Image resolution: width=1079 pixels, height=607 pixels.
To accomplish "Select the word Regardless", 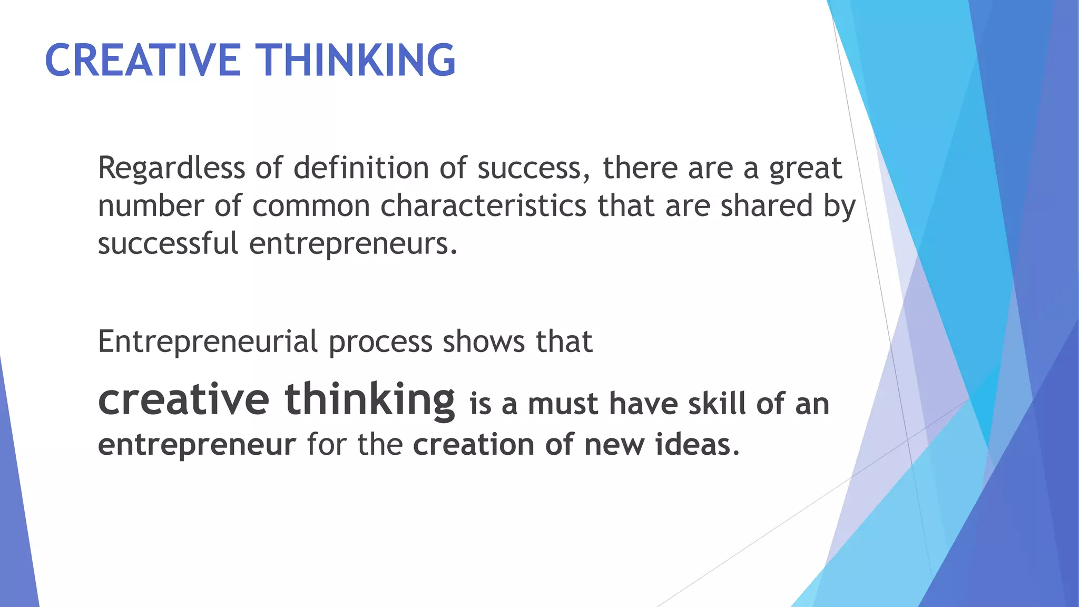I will click(171, 168).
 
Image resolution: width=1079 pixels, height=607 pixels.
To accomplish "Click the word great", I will click(806, 169).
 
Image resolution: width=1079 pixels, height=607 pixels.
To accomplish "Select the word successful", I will click(168, 243).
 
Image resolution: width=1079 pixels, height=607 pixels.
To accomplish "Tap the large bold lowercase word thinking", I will click(370, 400).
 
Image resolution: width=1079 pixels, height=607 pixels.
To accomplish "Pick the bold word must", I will click(563, 405).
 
